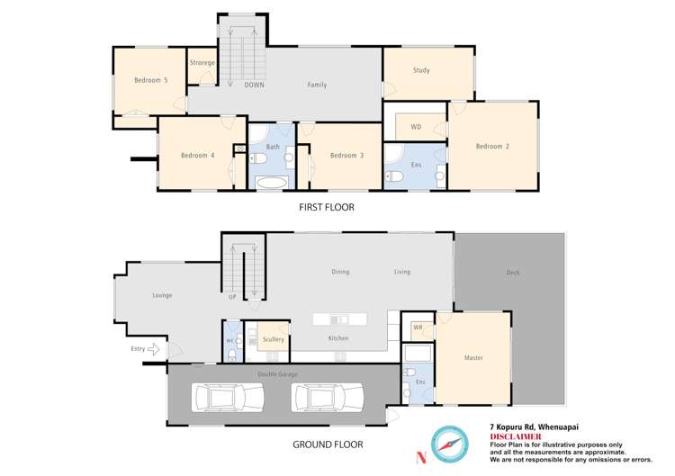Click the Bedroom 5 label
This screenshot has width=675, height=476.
tap(151, 80)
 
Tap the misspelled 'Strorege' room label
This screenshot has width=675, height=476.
tap(202, 63)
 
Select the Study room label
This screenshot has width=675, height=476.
tap(421, 70)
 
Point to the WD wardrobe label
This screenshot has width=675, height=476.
tap(416, 127)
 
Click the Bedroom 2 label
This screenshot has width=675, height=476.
tap(493, 147)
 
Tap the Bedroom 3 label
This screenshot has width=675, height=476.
tap(346, 156)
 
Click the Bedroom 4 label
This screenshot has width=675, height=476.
tap(197, 156)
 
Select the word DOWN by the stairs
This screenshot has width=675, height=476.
tap(254, 85)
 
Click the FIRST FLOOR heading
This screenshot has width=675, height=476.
tap(327, 207)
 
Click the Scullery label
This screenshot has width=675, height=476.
tap(274, 339)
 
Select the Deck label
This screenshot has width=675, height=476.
tap(514, 273)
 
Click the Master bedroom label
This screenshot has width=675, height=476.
tap(473, 358)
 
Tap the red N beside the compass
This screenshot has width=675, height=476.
tap(420, 457)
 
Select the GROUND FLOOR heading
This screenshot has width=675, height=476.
tap(328, 445)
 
